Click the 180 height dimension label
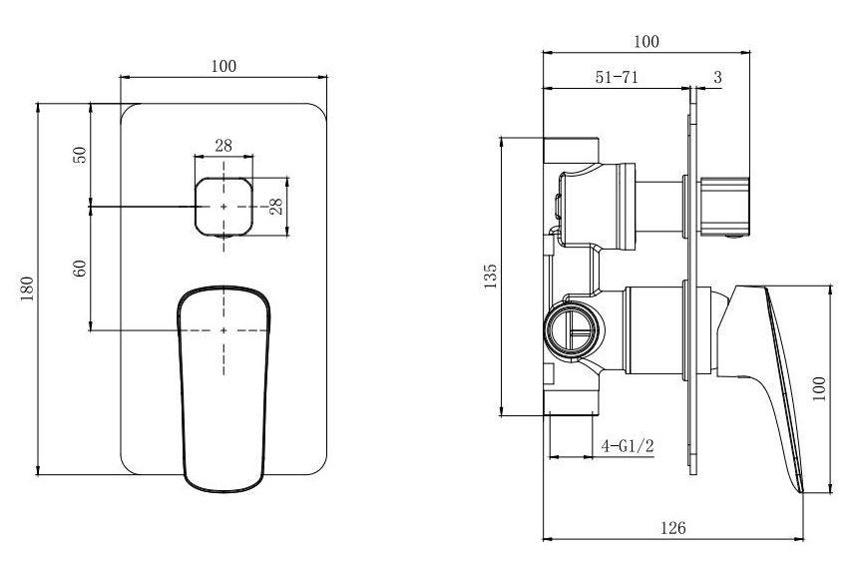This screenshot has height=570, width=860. coord(28,287)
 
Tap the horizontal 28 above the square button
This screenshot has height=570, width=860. coord(223,146)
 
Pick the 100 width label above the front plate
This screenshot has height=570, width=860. coord(223,66)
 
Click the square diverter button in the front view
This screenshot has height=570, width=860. coord(224,206)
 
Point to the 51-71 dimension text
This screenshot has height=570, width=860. coord(618,77)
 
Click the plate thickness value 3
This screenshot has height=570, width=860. coord(717,77)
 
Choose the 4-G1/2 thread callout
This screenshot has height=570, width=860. coord(628,446)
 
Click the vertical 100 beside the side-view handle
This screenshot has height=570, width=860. coord(820,388)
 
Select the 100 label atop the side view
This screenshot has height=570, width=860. coord(646,41)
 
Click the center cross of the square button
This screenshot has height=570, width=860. coord(224,206)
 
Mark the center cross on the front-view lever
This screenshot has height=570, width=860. coord(224,329)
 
